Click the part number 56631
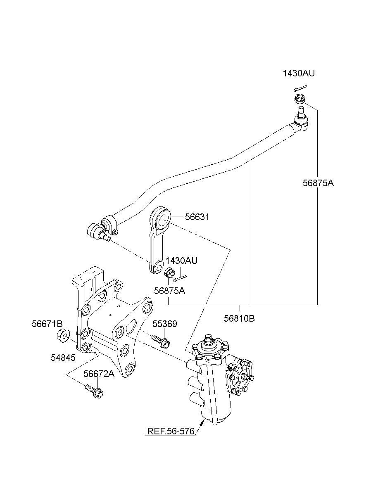pos(197,217)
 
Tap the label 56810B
pos(239,318)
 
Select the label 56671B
pos(47,324)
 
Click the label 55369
pos(165,324)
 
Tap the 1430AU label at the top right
pos(299,73)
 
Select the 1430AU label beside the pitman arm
pos(181,261)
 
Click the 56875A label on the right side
pos(318,183)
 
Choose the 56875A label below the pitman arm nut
pos(170,291)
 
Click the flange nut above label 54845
pos(62,339)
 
